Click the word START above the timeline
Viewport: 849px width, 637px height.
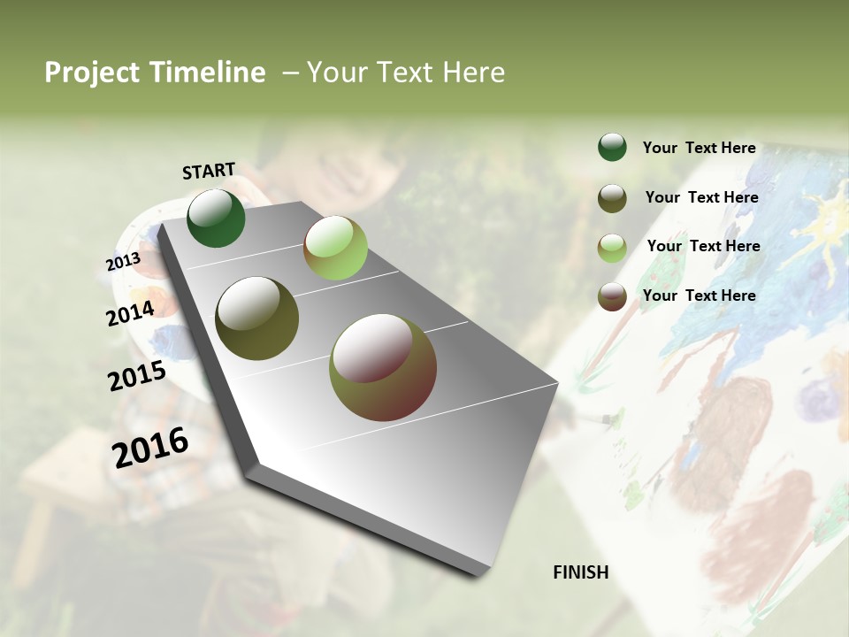click(x=209, y=171)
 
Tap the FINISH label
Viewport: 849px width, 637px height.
click(x=580, y=572)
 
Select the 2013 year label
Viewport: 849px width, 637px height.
click(x=123, y=262)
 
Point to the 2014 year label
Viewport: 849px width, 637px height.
click(x=130, y=313)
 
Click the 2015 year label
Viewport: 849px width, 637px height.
click(x=137, y=376)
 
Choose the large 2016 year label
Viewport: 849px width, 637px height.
click(x=150, y=448)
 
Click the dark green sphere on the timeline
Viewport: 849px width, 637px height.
click(x=216, y=219)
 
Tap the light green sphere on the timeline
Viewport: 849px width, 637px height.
click(x=335, y=248)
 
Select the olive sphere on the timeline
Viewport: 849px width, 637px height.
click(x=256, y=318)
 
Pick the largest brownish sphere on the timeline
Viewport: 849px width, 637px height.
click(x=382, y=367)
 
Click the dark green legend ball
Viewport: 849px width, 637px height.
click(x=612, y=148)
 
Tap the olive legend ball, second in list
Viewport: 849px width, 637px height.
click(x=612, y=198)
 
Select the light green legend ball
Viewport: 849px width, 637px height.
click(x=612, y=248)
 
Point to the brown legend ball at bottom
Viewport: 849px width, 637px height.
click(x=612, y=296)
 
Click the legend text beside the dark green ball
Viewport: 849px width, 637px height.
click(x=699, y=148)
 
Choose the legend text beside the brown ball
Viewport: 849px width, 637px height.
click(x=699, y=295)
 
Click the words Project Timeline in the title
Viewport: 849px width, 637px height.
click(x=155, y=73)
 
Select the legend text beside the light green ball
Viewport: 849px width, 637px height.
click(x=703, y=246)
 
